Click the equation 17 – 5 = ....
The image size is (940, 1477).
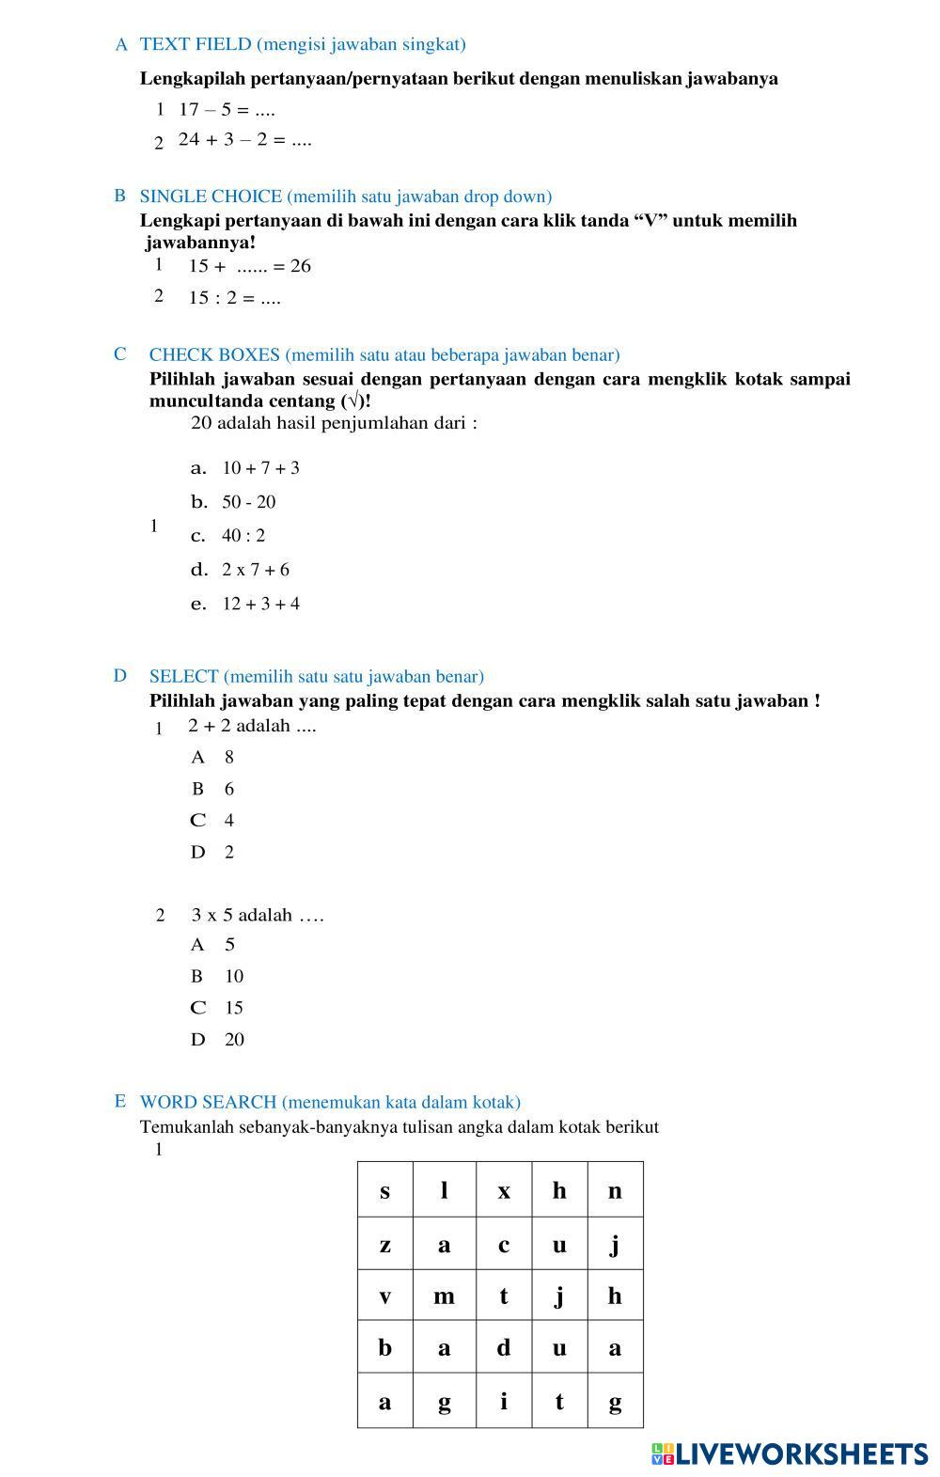[226, 110]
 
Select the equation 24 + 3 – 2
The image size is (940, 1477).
[244, 140]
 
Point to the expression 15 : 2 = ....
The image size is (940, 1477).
[234, 299]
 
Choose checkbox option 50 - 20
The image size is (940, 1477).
[248, 502]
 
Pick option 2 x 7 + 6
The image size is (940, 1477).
[255, 570]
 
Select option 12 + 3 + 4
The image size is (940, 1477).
[260, 604]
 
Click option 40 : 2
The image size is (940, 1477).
[243, 536]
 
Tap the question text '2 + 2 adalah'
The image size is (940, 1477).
[251, 726]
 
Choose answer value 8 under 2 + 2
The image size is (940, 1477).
[228, 757]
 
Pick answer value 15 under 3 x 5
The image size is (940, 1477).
[233, 1008]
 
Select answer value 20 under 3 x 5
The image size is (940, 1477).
[234, 1040]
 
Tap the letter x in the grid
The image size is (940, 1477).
[504, 1191]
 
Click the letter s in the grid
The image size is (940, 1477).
[384, 1191]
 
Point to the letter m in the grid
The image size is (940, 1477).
[444, 1296]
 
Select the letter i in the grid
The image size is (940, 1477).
[504, 1402]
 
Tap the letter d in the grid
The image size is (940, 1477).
[504, 1348]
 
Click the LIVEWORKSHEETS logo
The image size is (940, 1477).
[789, 1454]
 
